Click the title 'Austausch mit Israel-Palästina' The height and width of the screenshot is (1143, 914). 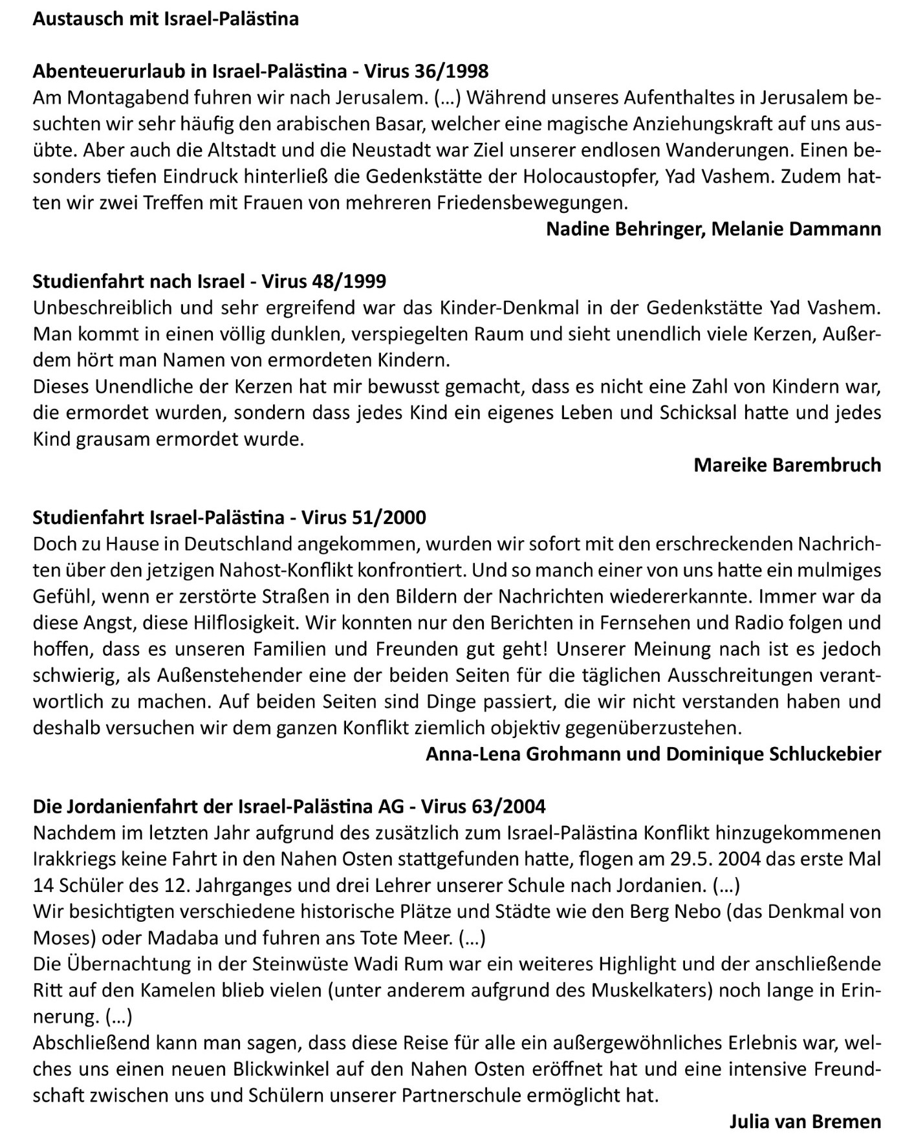coord(166,19)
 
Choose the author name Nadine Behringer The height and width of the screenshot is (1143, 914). coord(623,229)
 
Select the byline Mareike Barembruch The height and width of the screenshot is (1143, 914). coord(787,465)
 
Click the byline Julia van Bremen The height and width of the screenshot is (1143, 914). coord(805,1122)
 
